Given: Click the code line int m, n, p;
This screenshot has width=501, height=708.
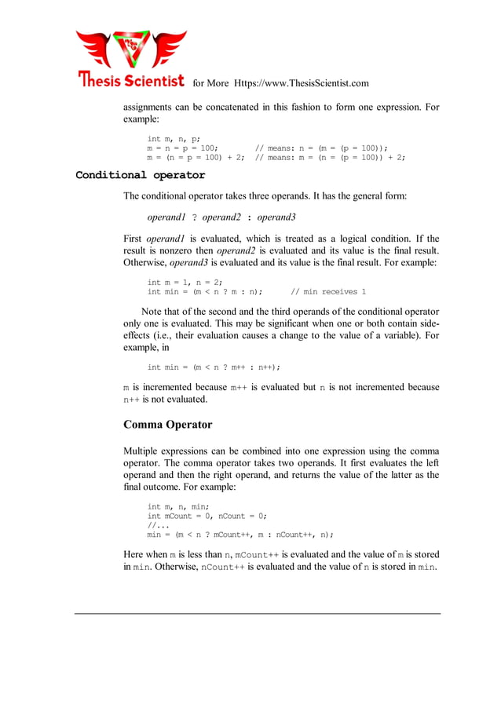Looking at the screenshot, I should point(174,139).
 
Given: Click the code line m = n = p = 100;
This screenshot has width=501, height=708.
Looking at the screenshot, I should point(182,148).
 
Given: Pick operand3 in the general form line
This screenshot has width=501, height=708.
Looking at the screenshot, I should point(276,217).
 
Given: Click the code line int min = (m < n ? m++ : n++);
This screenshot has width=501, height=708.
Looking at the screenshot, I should point(214,367).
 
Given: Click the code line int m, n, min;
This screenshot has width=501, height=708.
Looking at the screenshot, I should point(178,507).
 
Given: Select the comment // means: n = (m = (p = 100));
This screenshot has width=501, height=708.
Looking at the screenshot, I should point(322,148).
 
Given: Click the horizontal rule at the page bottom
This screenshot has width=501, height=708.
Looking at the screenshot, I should point(258,614).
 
